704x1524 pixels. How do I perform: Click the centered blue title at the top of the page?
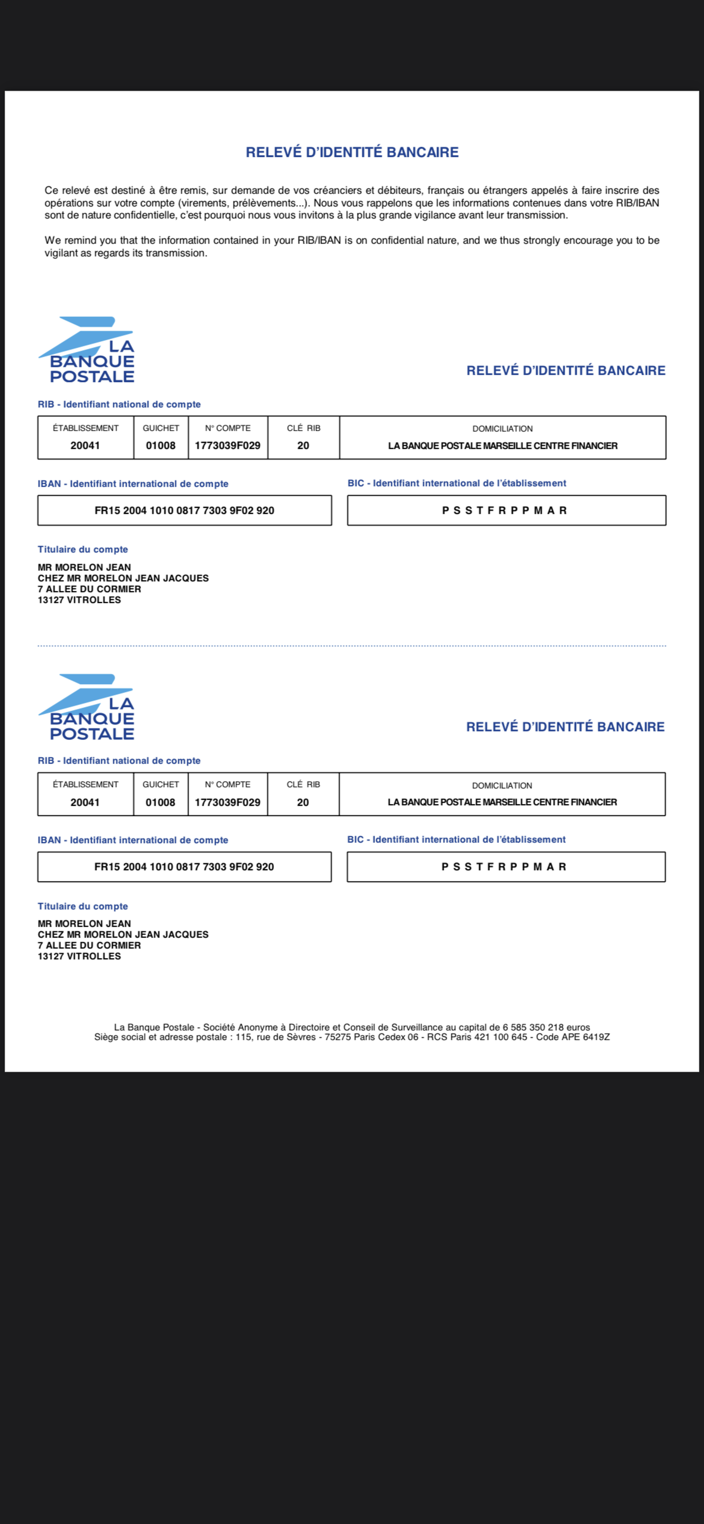(x=352, y=152)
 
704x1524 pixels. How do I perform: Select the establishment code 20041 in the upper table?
(x=85, y=445)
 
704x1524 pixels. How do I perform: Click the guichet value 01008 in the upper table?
(x=160, y=445)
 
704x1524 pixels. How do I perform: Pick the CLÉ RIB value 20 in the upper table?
(x=303, y=445)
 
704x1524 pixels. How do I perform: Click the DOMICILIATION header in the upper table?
(x=502, y=428)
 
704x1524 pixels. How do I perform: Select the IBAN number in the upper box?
(x=184, y=511)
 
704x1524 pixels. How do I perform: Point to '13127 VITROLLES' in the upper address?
(x=79, y=600)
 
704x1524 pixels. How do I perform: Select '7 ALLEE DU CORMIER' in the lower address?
(x=89, y=945)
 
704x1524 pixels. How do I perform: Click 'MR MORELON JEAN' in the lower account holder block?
(x=84, y=924)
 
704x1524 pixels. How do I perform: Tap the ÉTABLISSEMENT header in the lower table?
(x=85, y=785)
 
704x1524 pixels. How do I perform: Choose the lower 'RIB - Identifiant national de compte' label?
(x=119, y=761)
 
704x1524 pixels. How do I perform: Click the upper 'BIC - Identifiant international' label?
(x=457, y=483)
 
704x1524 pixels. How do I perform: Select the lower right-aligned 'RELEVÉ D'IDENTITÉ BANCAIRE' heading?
(x=565, y=727)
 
